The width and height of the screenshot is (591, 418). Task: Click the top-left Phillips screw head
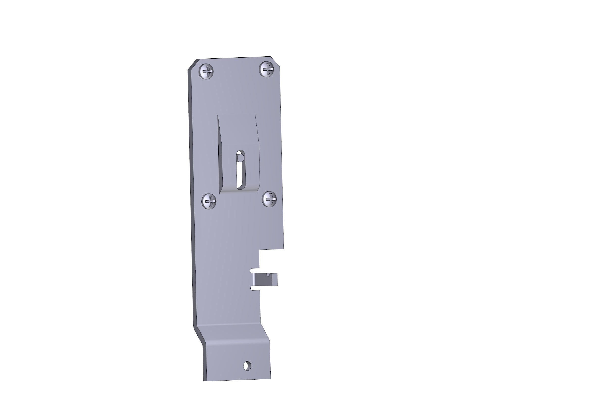(x=207, y=72)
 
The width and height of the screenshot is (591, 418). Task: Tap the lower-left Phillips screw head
(x=209, y=201)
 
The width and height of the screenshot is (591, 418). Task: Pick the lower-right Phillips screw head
(x=270, y=199)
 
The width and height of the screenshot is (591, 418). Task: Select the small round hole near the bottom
(x=247, y=366)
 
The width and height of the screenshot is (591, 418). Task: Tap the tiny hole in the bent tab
(x=269, y=275)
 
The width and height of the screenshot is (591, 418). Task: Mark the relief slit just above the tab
(x=255, y=270)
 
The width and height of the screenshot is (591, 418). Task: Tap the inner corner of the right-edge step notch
(x=259, y=249)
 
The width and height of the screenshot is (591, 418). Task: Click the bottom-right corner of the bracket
(x=271, y=379)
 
